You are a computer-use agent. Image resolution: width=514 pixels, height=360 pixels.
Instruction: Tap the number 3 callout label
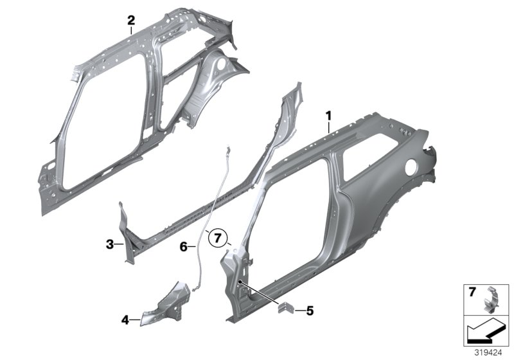pyautogui.click(x=110, y=244)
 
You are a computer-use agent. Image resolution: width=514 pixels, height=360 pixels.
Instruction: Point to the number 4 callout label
pyautogui.click(x=125, y=318)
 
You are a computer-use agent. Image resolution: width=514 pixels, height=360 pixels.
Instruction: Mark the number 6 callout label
pyautogui.click(x=183, y=246)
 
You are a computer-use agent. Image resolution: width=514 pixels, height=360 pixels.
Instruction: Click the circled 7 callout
pyautogui.click(x=218, y=239)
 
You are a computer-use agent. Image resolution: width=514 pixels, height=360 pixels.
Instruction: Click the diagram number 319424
pyautogui.click(x=488, y=352)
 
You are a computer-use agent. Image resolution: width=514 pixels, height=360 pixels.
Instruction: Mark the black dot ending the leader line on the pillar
pyautogui.click(x=239, y=282)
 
